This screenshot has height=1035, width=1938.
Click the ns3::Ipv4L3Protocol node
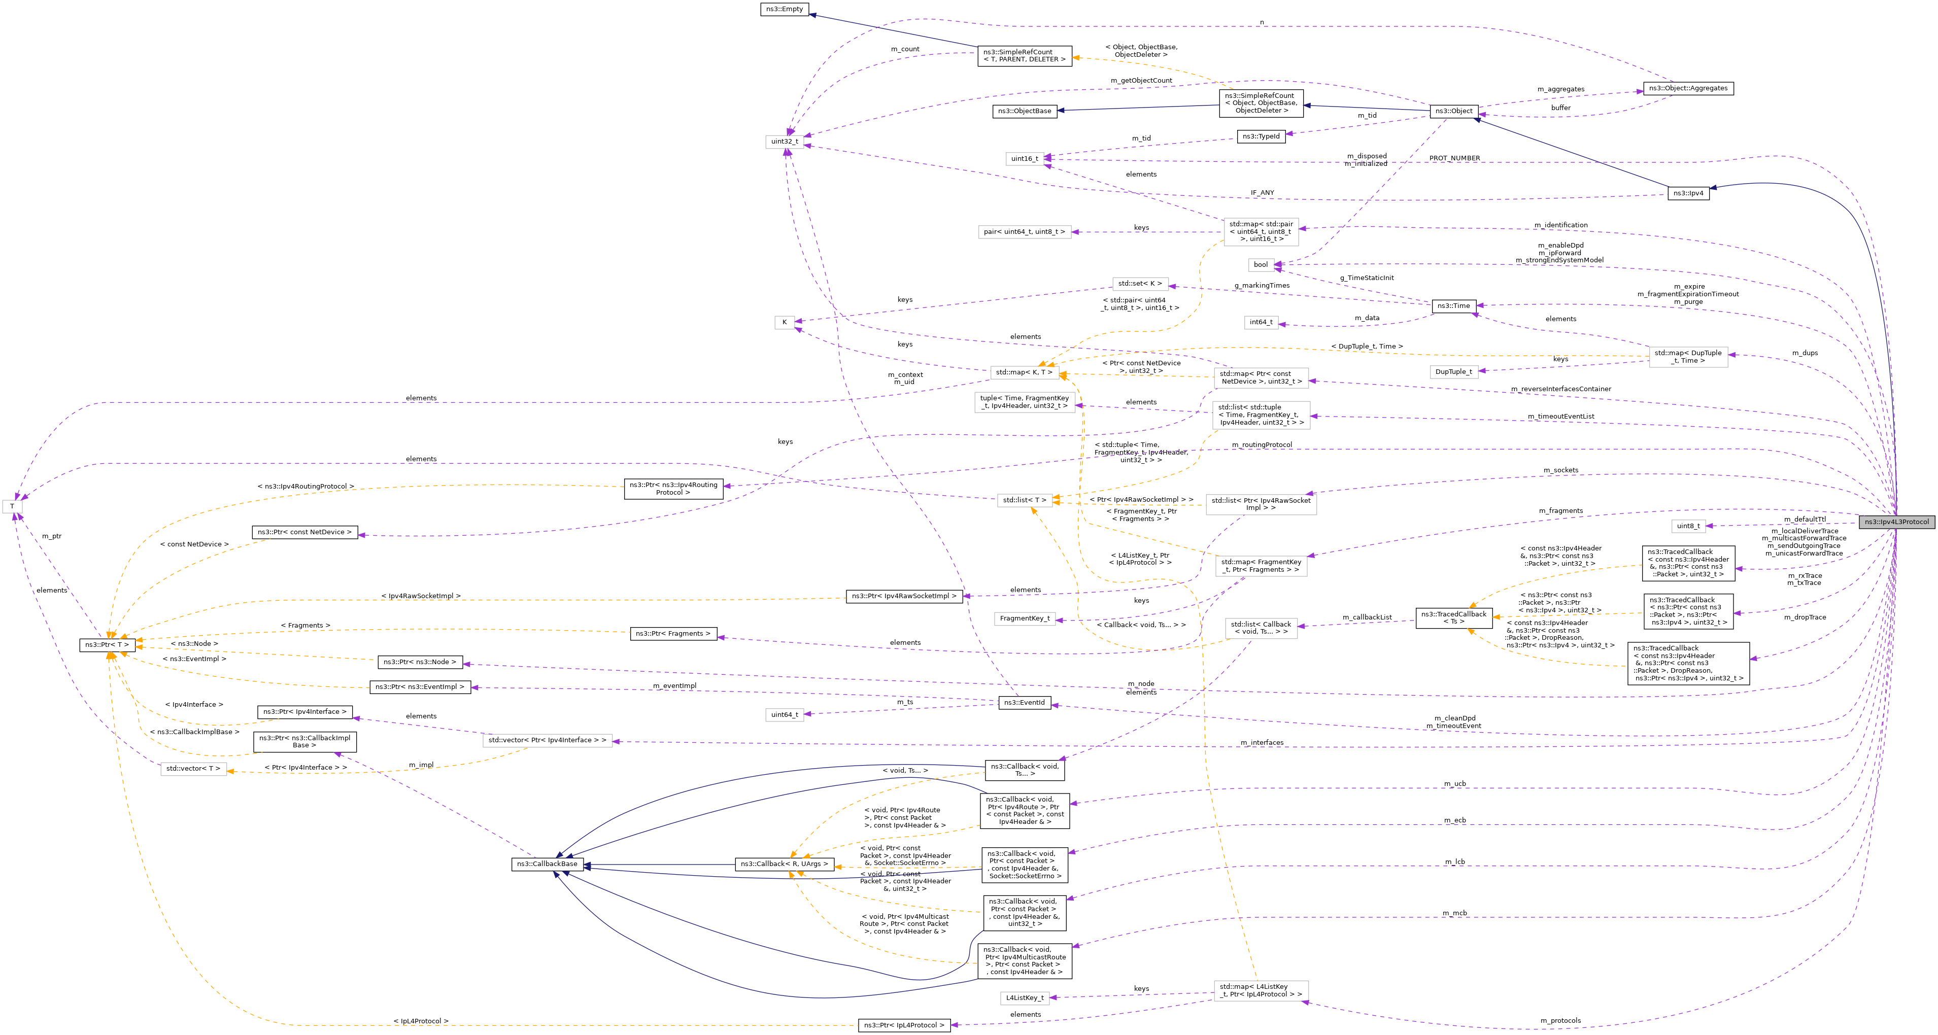1896,522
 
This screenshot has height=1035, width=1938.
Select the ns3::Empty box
785,9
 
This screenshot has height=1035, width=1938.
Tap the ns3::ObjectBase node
1024,111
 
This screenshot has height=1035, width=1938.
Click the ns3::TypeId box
1261,136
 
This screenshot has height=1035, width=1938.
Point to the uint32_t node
785,142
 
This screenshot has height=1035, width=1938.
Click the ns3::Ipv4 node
1687,193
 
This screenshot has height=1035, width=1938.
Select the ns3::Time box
1453,305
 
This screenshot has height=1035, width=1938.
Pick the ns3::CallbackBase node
547,864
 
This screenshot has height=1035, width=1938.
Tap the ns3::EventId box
1024,703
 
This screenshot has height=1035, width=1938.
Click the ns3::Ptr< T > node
107,645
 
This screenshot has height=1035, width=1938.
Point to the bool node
1260,265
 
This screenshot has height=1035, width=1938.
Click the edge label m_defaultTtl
1804,519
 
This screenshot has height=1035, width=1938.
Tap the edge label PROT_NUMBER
1454,158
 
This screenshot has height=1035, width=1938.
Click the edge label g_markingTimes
1262,285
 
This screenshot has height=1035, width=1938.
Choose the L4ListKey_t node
1024,997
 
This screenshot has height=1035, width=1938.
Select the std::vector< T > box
193,769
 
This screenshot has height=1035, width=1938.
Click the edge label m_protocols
1560,1021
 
